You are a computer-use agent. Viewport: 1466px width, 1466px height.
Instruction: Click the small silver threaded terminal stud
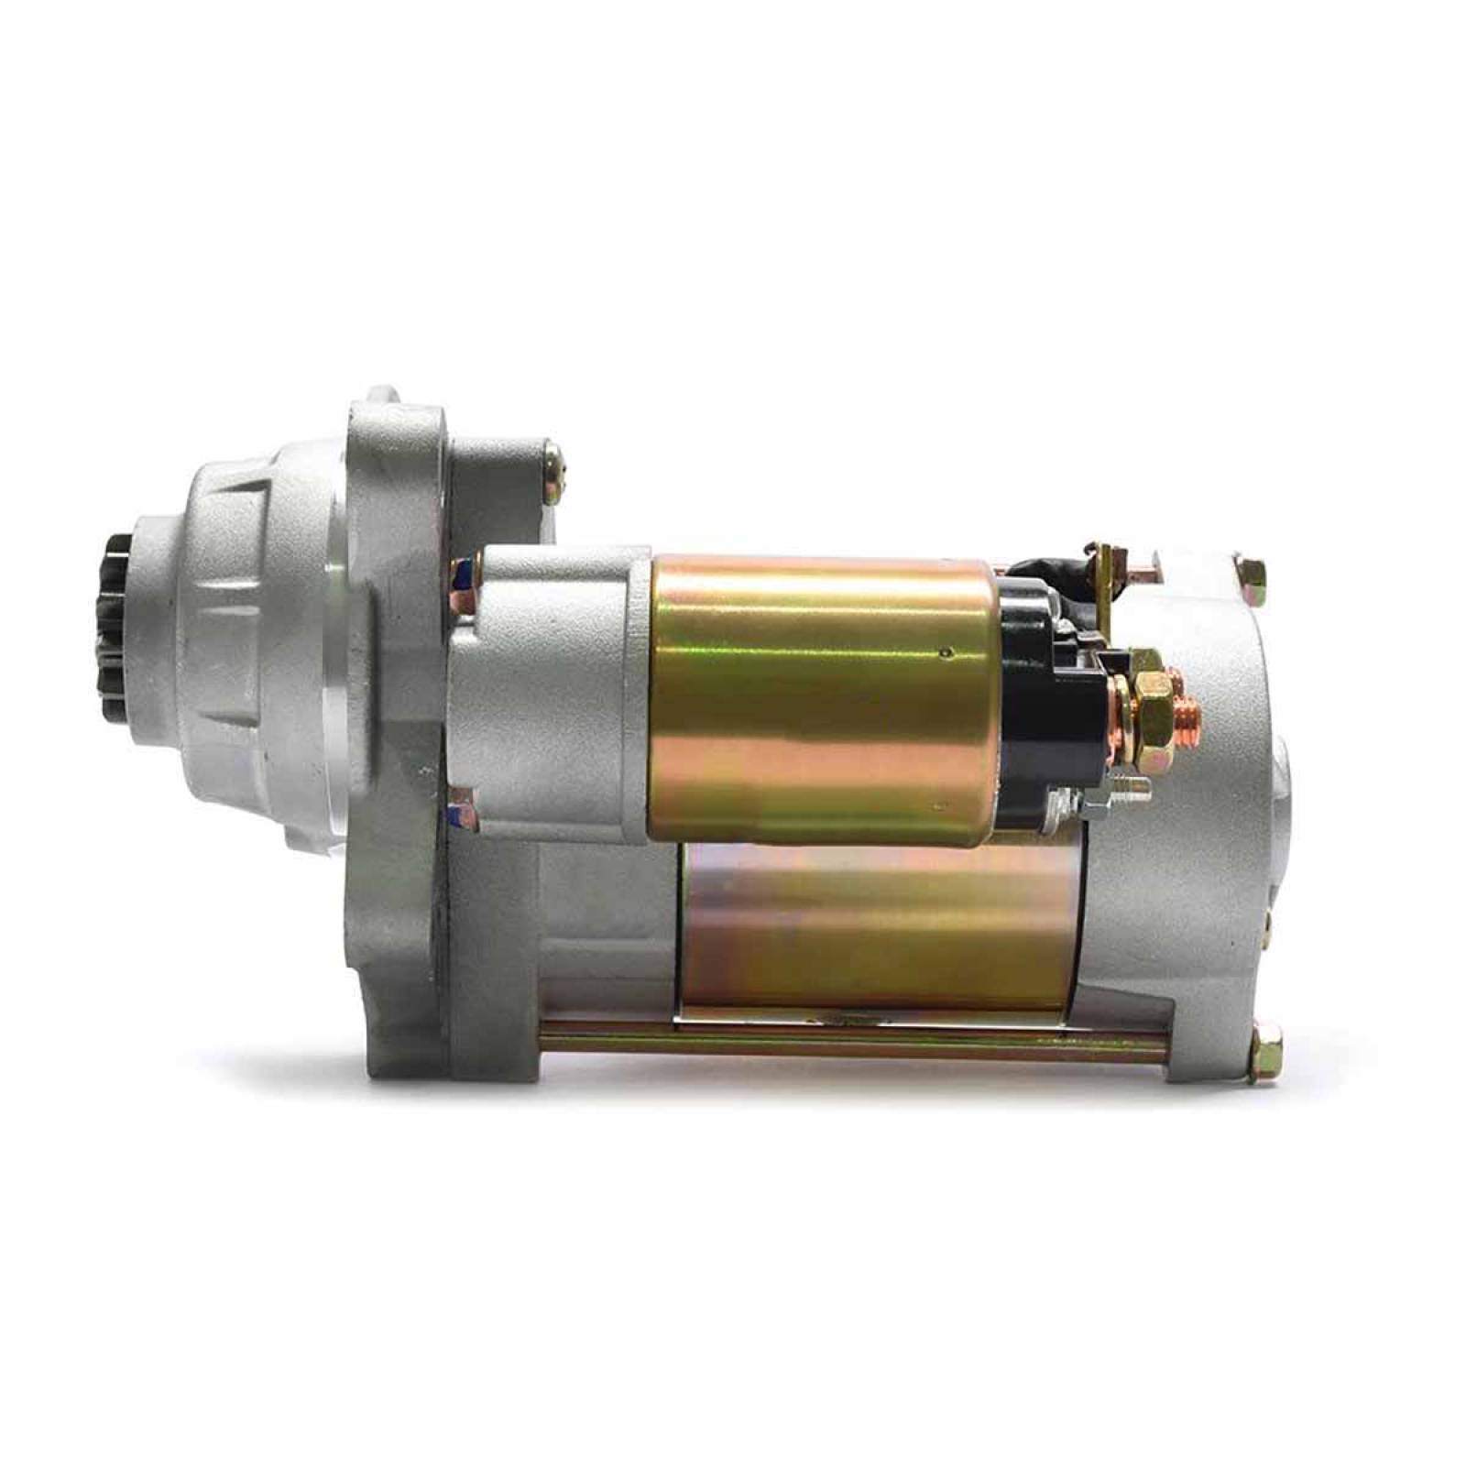coord(1125,785)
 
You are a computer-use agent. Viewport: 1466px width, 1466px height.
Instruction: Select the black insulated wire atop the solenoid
coord(1045,569)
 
